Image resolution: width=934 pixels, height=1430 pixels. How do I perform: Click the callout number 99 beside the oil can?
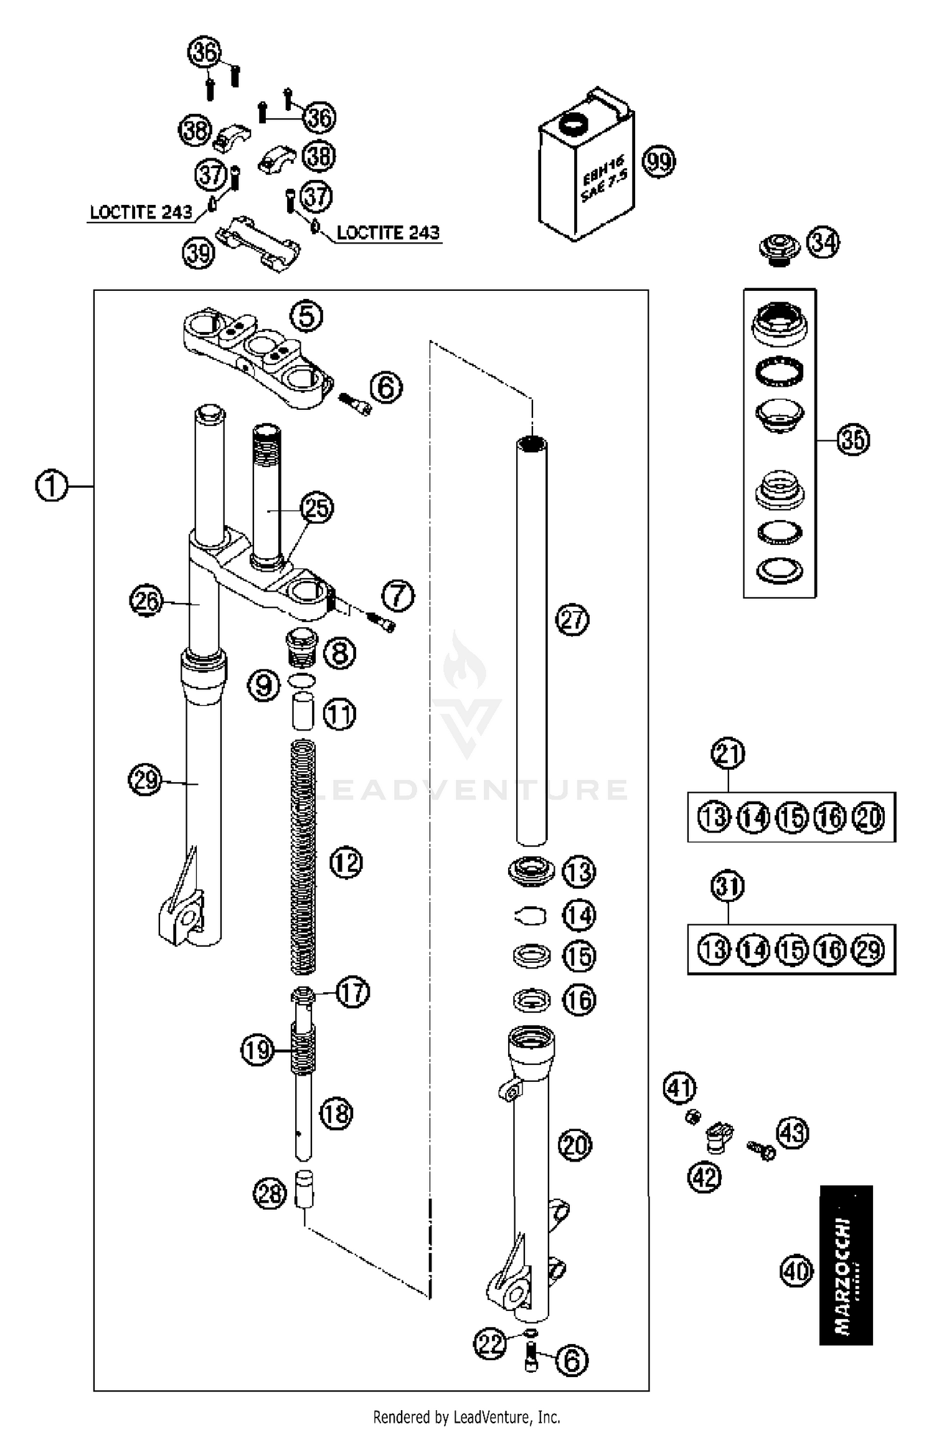click(x=659, y=162)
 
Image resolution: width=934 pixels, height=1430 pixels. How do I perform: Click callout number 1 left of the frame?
click(x=51, y=486)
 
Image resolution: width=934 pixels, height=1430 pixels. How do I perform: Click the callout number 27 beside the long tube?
click(x=572, y=620)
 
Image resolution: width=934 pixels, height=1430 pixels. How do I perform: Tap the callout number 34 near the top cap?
click(x=823, y=243)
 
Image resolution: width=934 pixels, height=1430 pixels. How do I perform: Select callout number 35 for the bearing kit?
click(x=852, y=440)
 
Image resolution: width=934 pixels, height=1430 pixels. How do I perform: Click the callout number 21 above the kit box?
click(x=728, y=753)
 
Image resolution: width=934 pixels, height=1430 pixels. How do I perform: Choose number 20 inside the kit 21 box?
click(x=869, y=817)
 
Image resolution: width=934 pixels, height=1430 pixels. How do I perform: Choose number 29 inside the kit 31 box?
click(x=869, y=950)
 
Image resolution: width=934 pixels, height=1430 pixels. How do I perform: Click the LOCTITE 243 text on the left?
click(x=141, y=212)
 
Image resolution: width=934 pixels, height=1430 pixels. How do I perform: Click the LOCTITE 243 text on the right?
click(x=388, y=233)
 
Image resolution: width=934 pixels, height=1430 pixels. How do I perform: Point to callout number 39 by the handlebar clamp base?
click(x=199, y=253)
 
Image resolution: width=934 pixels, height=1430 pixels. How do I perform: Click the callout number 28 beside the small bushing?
click(x=270, y=1194)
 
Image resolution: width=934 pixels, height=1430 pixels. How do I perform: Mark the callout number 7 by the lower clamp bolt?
click(x=399, y=596)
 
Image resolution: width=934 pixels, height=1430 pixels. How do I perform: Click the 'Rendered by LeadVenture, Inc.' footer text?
click(x=466, y=1417)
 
